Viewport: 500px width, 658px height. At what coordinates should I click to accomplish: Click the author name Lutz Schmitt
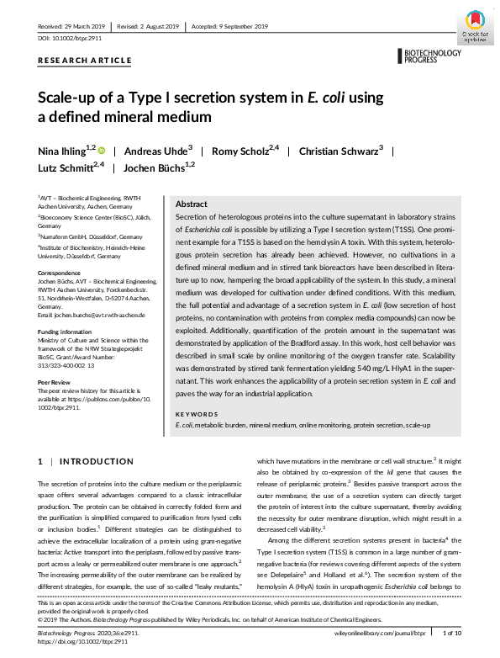point(71,167)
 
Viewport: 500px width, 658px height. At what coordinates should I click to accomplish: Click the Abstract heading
point(191,204)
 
